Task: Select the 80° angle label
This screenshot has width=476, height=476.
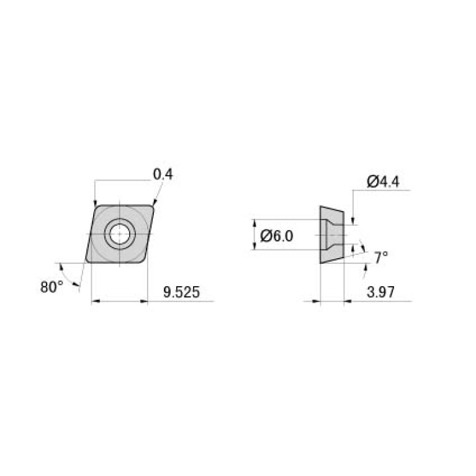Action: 52,287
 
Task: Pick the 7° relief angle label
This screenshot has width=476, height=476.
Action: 381,256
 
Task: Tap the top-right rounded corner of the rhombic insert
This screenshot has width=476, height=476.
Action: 151,207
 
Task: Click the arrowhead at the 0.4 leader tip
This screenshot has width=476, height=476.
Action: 153,202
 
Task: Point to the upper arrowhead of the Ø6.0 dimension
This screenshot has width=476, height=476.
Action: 254,223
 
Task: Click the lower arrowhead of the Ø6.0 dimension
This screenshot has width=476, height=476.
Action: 254,246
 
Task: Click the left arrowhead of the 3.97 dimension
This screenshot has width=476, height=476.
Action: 317,302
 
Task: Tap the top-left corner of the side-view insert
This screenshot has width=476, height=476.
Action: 321,207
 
